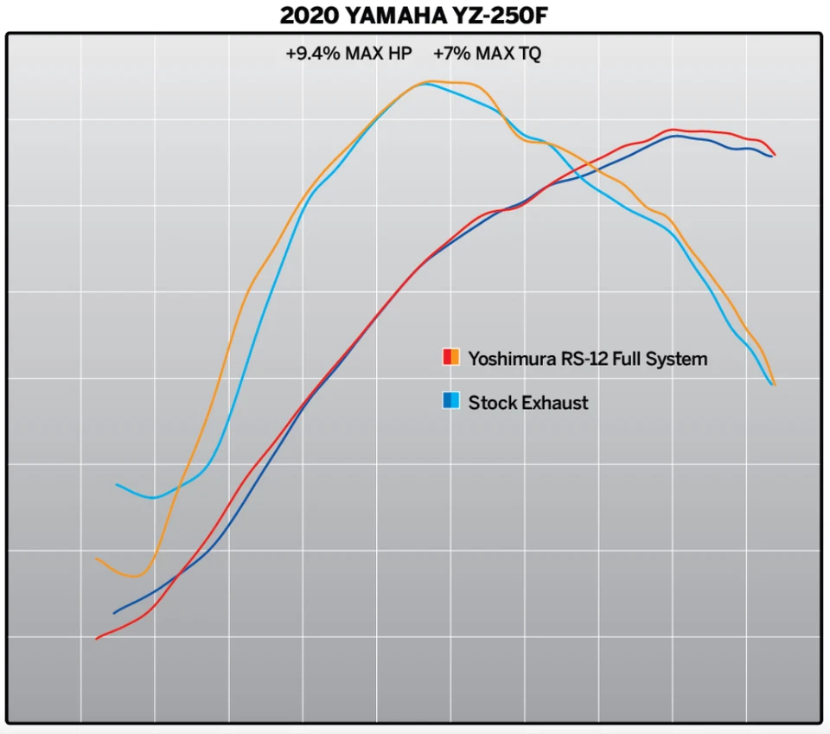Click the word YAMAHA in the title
(405, 16)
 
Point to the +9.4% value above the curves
(313, 54)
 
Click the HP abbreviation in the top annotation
(399, 54)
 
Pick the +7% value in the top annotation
(451, 54)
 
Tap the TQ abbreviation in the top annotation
(529, 54)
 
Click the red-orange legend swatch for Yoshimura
(450, 358)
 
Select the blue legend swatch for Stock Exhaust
(450, 401)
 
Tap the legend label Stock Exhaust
(527, 402)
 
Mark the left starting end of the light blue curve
(117, 484)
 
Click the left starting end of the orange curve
(97, 558)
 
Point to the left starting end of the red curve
(96, 639)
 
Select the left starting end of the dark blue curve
(114, 613)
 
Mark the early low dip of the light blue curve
(153, 498)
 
